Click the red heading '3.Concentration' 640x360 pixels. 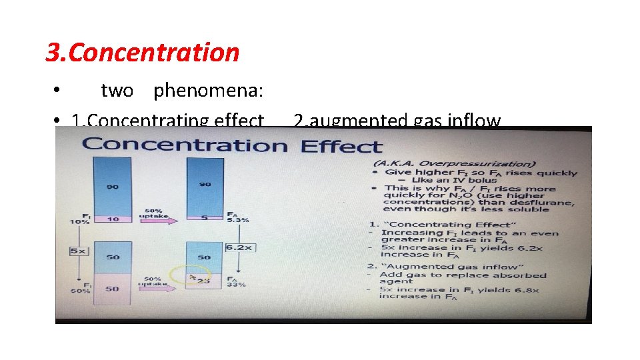[142, 52]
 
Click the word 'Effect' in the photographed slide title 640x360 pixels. [341, 146]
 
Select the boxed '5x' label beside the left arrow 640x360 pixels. [79, 251]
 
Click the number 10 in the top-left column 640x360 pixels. [113, 219]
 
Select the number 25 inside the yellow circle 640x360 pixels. [203, 281]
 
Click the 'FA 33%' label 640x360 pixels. [236, 281]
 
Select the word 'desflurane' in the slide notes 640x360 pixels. [541, 202]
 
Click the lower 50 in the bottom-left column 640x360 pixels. [113, 288]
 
